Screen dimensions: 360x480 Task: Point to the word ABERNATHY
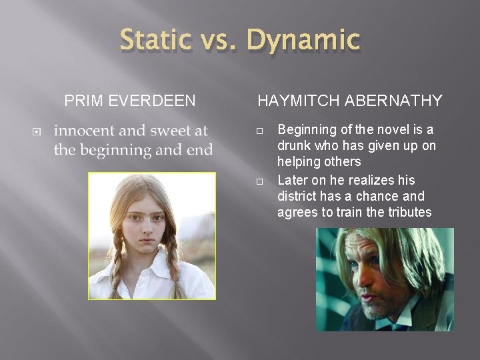click(395, 101)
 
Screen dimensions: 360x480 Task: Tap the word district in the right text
click(297, 197)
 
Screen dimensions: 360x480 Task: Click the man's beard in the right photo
click(373, 307)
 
